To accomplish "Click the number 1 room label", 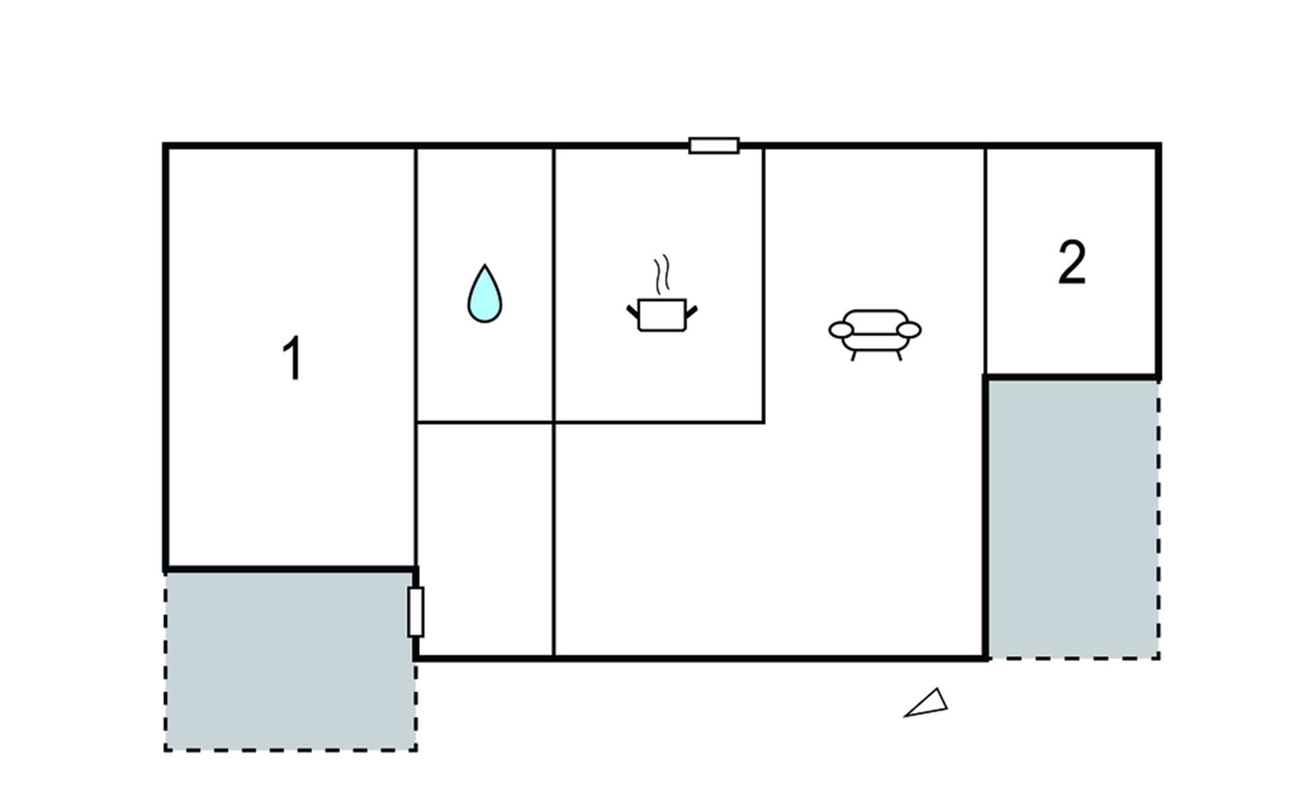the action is pyautogui.click(x=292, y=358).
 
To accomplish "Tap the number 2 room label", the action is pyautogui.click(x=1072, y=262).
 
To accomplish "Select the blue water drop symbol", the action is pyautogui.click(x=485, y=293).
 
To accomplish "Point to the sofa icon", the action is pyautogui.click(x=875, y=335).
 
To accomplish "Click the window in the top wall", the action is pyautogui.click(x=714, y=145).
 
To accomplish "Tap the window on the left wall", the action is pyautogui.click(x=416, y=612).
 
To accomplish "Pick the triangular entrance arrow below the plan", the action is pyautogui.click(x=927, y=704).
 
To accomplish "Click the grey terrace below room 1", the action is pyautogui.click(x=291, y=661).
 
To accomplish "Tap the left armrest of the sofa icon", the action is pyautogui.click(x=841, y=330).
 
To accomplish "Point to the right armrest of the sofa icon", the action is pyautogui.click(x=909, y=330).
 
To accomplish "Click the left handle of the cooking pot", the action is pyautogui.click(x=633, y=312).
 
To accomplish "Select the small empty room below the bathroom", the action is pyautogui.click(x=485, y=539).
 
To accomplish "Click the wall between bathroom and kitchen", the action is pyautogui.click(x=554, y=285).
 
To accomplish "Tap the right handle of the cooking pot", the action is pyautogui.click(x=691, y=312).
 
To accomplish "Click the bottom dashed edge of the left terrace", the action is pyautogui.click(x=291, y=749).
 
